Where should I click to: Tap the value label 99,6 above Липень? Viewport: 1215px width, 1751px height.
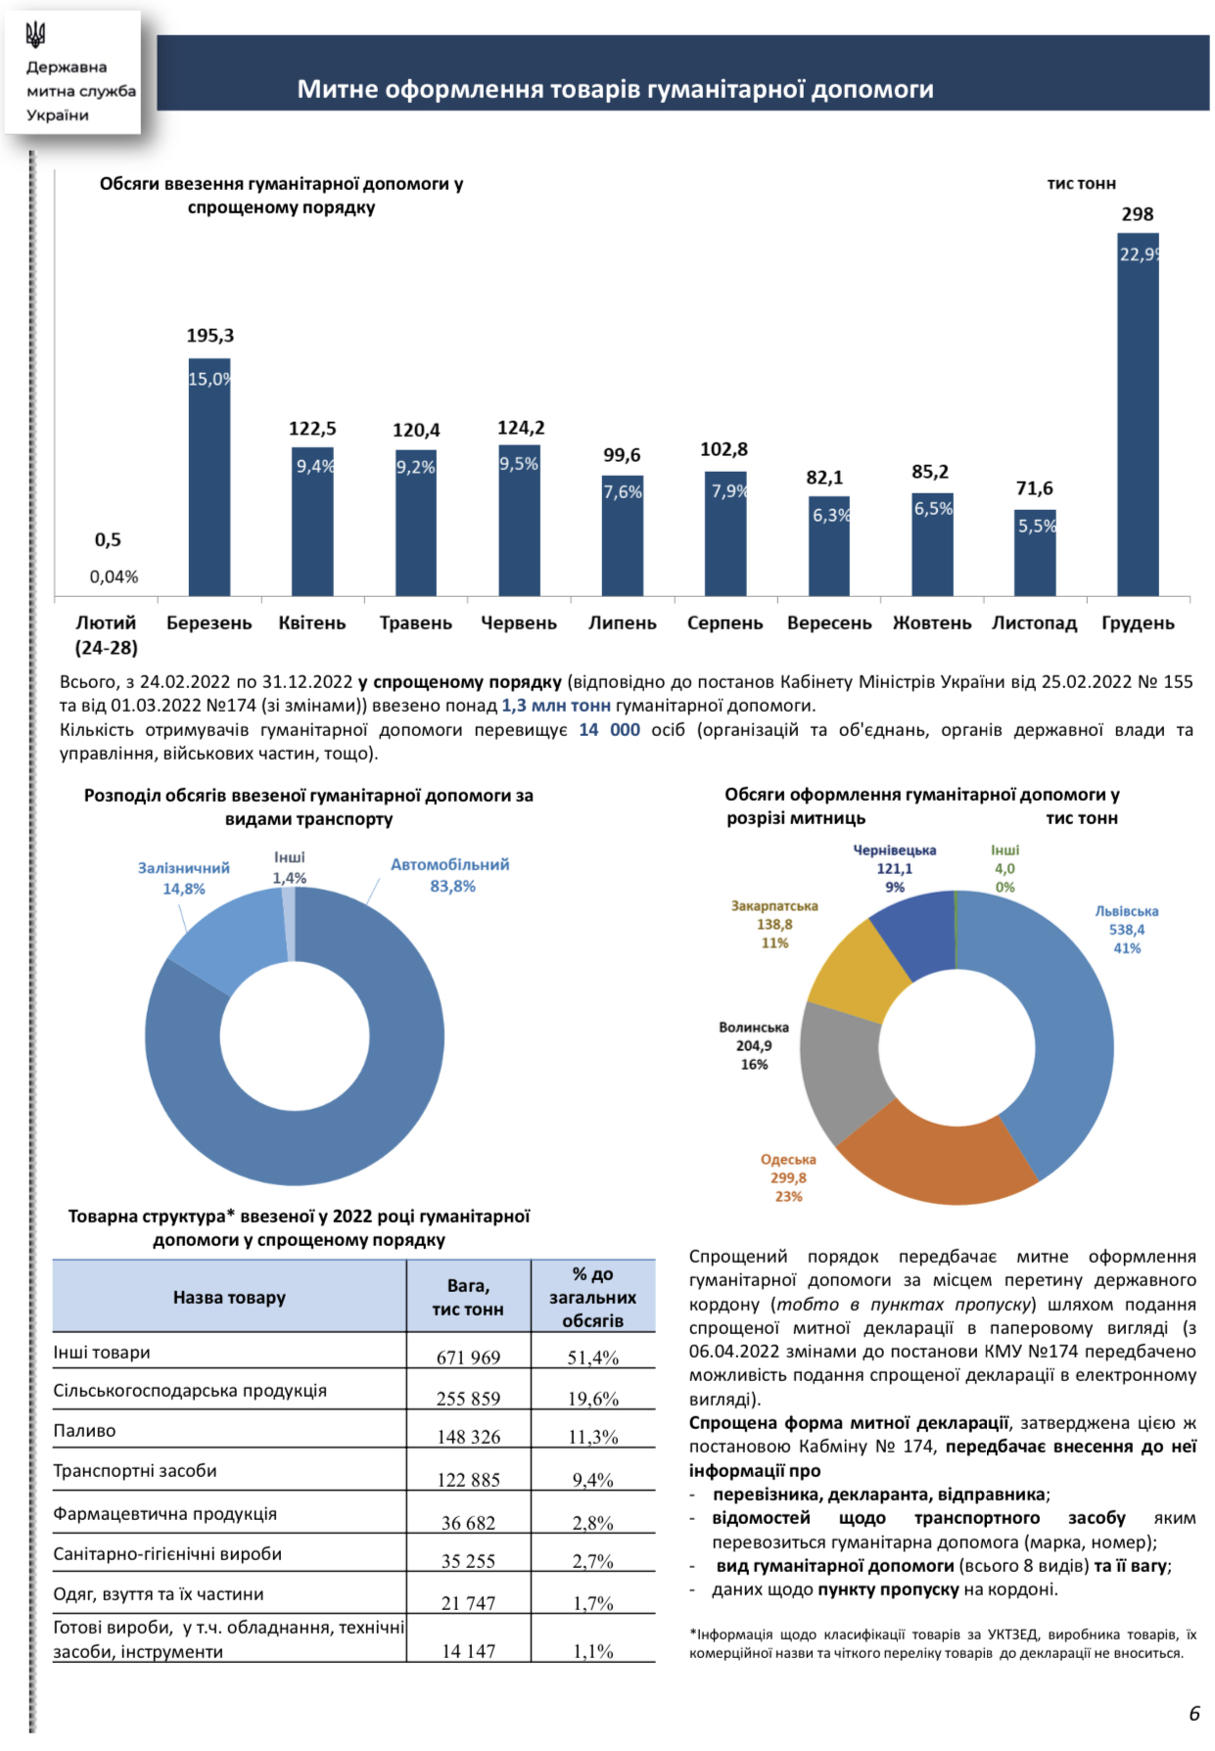click(622, 455)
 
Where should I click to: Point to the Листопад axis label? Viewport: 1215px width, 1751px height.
click(1034, 623)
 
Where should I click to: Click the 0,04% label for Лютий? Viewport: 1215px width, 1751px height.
click(114, 576)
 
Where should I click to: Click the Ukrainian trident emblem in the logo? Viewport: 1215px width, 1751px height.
click(36, 35)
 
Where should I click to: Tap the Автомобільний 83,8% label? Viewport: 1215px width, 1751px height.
click(450, 875)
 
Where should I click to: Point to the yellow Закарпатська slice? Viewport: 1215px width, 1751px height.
click(857, 969)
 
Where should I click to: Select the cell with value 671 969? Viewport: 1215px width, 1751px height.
click(468, 1357)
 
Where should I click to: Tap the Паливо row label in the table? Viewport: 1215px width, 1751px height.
click(85, 1430)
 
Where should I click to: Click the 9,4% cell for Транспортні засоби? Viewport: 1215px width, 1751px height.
click(592, 1479)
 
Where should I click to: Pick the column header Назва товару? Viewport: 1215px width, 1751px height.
click(229, 1297)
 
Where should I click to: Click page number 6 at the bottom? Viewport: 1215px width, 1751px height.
click(1193, 1713)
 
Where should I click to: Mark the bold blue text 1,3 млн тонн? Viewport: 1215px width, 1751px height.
click(555, 705)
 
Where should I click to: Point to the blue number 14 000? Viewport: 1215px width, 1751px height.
click(609, 729)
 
